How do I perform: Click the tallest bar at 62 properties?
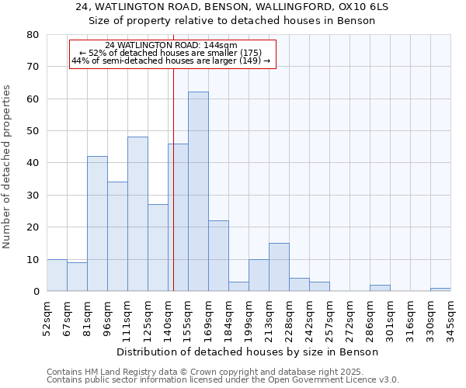click(x=198, y=192)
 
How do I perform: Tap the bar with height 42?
click(x=97, y=223)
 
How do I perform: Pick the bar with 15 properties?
click(x=279, y=267)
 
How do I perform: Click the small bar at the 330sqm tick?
click(x=440, y=289)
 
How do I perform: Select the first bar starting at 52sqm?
click(x=57, y=275)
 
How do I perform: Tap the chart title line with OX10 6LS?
click(x=232, y=7)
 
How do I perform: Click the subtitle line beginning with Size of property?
click(x=232, y=21)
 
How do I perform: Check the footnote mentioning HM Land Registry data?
click(x=221, y=372)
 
